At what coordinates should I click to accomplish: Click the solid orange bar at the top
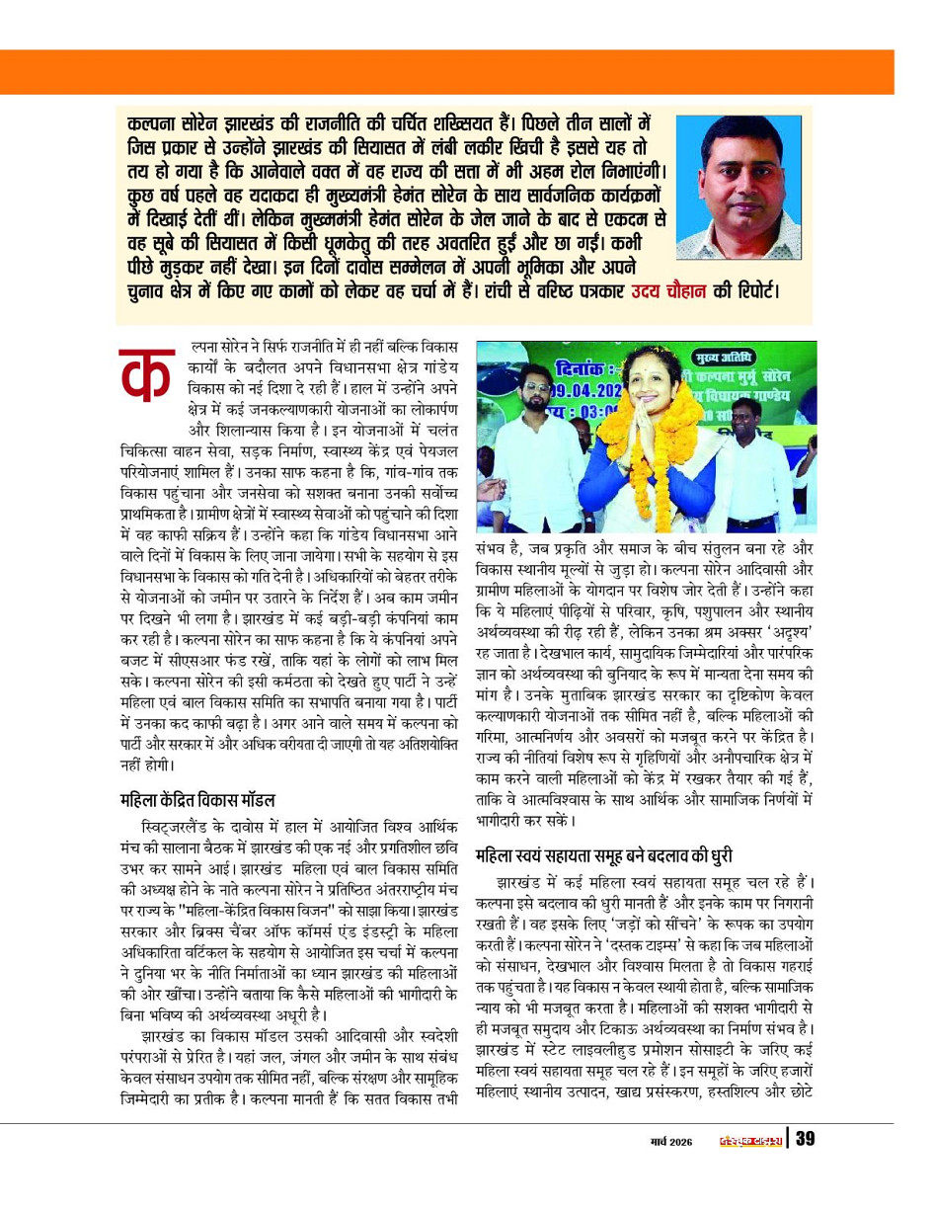tap(466, 71)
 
